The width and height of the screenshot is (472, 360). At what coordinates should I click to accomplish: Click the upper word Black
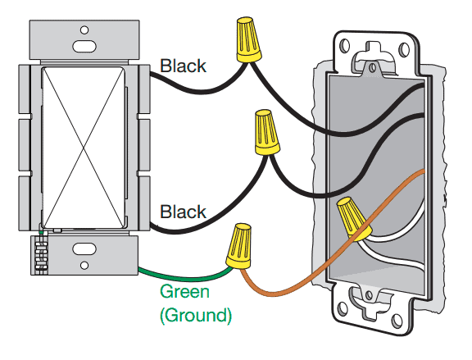[183, 66]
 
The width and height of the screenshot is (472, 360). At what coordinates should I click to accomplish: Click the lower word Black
[183, 212]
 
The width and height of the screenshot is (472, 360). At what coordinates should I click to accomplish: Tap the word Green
[184, 292]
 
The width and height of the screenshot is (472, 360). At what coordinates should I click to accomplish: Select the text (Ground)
[196, 316]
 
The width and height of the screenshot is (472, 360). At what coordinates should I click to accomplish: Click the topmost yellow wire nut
[248, 39]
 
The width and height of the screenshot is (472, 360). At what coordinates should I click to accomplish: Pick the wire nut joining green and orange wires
[239, 246]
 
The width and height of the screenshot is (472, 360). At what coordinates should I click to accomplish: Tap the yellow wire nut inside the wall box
[354, 218]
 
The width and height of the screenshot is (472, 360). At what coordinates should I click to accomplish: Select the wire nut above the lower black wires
[267, 132]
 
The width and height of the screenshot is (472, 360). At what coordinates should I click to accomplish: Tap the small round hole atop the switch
[84, 30]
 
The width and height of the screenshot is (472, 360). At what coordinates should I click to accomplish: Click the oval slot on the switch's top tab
[84, 47]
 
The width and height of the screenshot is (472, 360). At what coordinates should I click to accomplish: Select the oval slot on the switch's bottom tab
[84, 249]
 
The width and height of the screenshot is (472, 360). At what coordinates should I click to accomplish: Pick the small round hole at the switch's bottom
[84, 266]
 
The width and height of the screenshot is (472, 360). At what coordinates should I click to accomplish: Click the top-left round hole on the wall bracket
[345, 45]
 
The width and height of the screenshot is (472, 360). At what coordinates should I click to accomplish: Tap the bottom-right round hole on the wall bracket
[397, 321]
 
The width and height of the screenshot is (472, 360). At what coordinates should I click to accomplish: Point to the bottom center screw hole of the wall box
[369, 295]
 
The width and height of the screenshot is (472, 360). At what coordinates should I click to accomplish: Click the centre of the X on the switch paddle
[84, 148]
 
